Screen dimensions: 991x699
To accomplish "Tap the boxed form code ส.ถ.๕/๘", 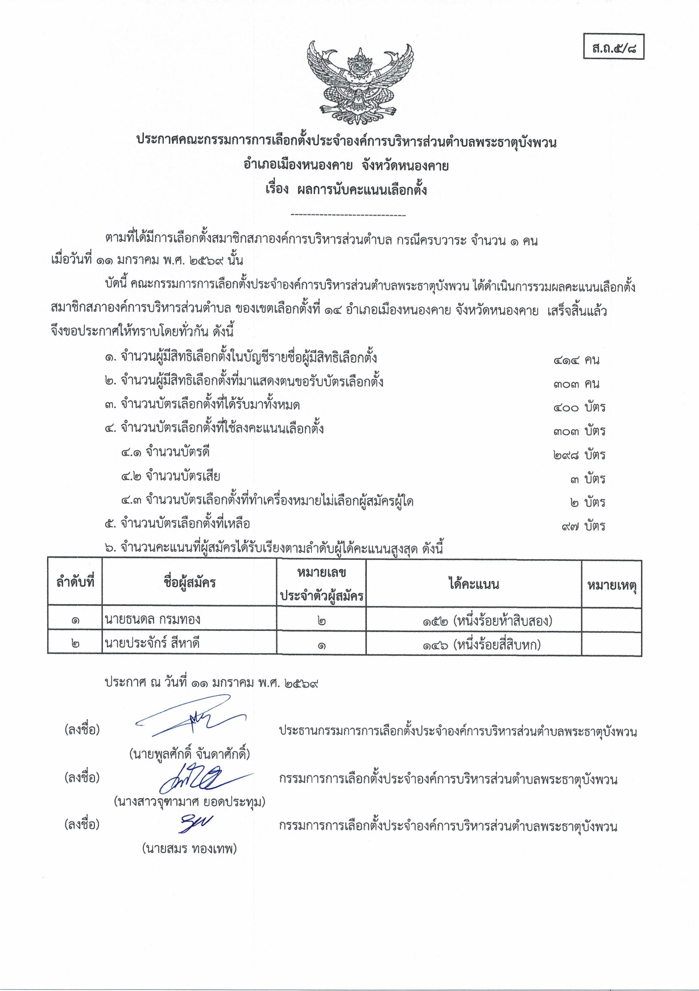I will [x=614, y=47].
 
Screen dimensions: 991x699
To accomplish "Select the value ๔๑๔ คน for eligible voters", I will [x=576, y=360].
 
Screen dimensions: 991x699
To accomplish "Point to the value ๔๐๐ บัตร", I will [x=579, y=407].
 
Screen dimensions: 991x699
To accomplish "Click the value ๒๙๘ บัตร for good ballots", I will [x=579, y=455].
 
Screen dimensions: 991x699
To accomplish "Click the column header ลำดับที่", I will [x=75, y=583].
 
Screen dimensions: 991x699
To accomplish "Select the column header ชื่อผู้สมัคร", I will [x=189, y=583].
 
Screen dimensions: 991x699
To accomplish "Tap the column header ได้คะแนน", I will [x=473, y=584].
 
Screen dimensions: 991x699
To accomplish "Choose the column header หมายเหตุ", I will [x=611, y=584].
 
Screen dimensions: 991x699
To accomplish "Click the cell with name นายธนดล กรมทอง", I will [x=152, y=620].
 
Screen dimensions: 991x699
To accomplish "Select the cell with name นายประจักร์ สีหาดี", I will [x=152, y=643].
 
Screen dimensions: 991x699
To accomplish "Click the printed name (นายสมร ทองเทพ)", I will [x=189, y=849].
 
